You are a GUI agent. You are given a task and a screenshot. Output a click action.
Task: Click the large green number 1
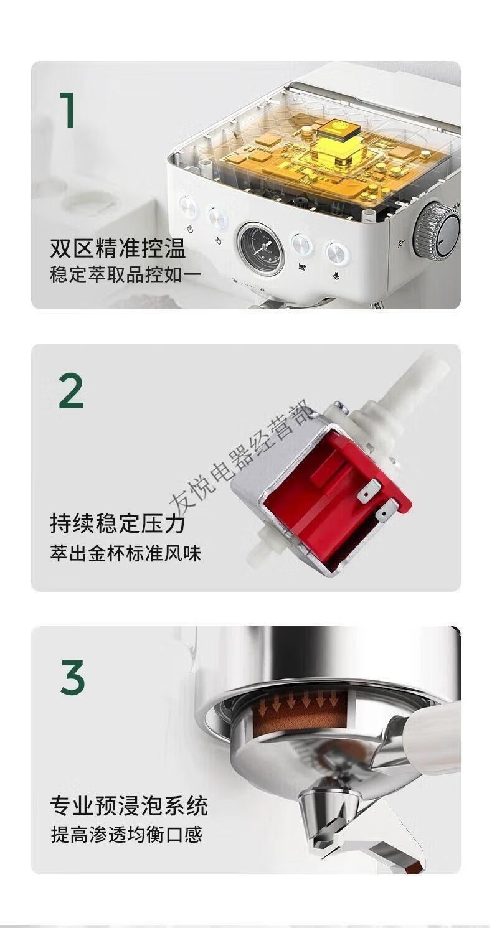click(x=67, y=110)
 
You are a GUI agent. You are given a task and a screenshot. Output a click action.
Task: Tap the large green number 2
click(x=71, y=391)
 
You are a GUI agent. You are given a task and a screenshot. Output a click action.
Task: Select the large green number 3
click(x=72, y=677)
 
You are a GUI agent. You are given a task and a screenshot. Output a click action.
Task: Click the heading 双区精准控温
click(x=118, y=248)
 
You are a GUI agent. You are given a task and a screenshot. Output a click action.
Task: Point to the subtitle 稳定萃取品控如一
click(x=126, y=274)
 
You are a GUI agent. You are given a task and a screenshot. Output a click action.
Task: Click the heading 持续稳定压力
click(x=118, y=523)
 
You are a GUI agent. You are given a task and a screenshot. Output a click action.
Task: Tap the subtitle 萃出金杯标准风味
click(x=126, y=553)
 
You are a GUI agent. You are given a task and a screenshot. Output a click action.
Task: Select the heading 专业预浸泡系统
click(x=129, y=805)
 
